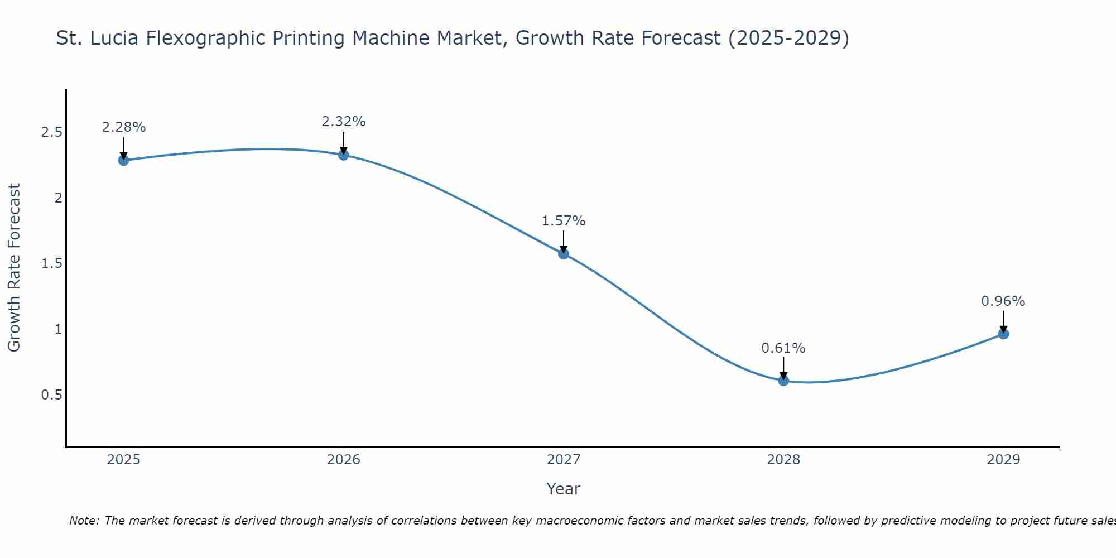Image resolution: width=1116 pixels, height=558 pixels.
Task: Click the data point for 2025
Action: (x=123, y=161)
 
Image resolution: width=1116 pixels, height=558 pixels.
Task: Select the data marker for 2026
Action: (x=344, y=155)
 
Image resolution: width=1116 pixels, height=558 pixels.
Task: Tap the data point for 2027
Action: (x=564, y=254)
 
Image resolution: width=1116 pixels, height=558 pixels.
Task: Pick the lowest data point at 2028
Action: (x=783, y=381)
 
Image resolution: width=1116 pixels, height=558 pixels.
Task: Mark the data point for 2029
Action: (x=1003, y=334)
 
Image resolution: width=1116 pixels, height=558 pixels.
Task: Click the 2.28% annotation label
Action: (x=123, y=127)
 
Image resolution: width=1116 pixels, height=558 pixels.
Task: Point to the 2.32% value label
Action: (x=344, y=122)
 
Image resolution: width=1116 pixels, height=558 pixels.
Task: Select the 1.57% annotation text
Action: (x=564, y=221)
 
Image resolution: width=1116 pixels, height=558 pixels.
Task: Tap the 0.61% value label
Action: (x=783, y=348)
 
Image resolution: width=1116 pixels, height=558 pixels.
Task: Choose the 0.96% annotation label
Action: (x=1003, y=301)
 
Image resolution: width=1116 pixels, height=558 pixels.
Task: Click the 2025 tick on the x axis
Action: (x=123, y=460)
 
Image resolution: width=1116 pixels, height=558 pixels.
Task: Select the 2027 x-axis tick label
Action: (x=564, y=460)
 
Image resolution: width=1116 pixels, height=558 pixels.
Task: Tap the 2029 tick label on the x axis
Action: (x=1003, y=460)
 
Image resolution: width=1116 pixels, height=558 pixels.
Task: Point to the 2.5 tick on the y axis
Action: (x=51, y=132)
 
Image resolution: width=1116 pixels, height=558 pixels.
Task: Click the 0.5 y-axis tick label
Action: (x=51, y=395)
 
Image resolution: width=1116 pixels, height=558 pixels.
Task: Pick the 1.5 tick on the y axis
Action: (x=51, y=263)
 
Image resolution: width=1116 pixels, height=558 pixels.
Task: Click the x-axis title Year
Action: (x=564, y=489)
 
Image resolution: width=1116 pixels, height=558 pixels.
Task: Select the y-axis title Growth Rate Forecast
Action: (x=14, y=268)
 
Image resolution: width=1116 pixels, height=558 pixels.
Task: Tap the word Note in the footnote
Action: (x=84, y=521)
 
